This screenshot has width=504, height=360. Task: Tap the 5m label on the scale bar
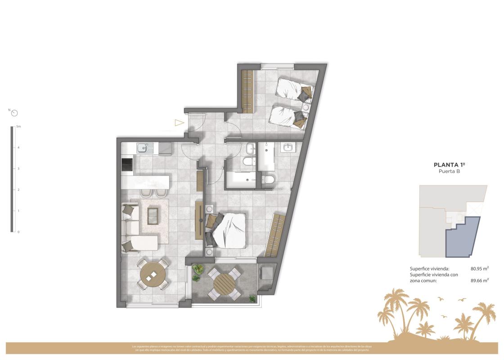point(18,127)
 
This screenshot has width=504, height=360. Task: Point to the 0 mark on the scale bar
point(18,232)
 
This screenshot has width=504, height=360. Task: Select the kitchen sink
point(142,147)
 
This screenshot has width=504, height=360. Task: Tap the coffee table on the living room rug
point(153,216)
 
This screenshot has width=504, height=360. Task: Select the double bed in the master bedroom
point(227,229)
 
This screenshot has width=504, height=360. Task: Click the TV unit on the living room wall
point(199,220)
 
